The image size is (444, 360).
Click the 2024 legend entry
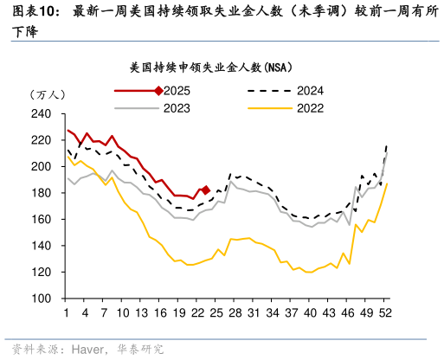click(x=310, y=91)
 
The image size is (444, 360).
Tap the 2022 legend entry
click(x=310, y=108)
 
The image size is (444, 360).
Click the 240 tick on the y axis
click(x=41, y=114)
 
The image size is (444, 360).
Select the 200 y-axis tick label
click(x=41, y=167)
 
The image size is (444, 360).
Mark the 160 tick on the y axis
click(x=41, y=220)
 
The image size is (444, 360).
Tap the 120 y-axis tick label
click(x=41, y=272)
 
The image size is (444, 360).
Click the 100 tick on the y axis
click(x=41, y=299)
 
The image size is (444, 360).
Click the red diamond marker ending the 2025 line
click(x=205, y=190)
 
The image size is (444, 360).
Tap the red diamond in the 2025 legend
click(x=157, y=91)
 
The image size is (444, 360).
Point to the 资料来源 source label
click(x=28, y=350)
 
